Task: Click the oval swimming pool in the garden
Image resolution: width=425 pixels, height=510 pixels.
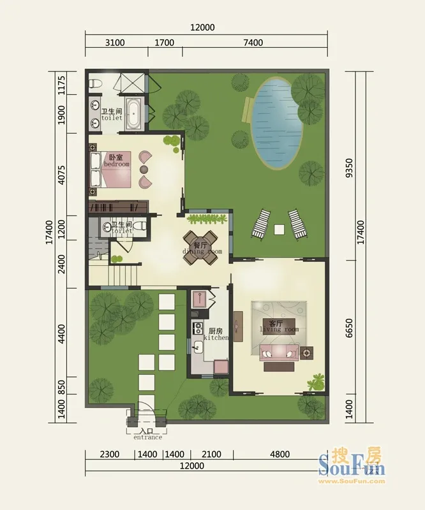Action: tap(277, 122)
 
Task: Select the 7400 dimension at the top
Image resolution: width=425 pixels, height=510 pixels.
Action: tap(253, 43)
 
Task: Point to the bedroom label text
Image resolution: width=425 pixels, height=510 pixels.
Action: tap(117, 161)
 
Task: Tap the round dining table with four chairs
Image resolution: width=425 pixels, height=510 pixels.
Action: tap(200, 248)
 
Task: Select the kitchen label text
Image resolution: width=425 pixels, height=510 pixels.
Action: tap(216, 334)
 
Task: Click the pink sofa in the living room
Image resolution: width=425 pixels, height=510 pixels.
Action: tap(279, 353)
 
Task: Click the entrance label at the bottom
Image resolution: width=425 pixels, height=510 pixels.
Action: tap(147, 435)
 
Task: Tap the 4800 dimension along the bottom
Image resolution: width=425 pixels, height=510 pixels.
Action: tap(280, 454)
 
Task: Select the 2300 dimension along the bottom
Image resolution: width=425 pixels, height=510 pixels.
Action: tap(109, 454)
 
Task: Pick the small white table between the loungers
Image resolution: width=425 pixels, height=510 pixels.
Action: tap(279, 229)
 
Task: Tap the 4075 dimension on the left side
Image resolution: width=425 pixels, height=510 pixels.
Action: tap(61, 175)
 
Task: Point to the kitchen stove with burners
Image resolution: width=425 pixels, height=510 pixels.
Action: tap(197, 328)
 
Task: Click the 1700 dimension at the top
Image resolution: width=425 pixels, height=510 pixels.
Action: tap(164, 43)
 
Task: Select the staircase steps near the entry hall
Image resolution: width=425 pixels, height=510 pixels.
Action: tap(124, 275)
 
